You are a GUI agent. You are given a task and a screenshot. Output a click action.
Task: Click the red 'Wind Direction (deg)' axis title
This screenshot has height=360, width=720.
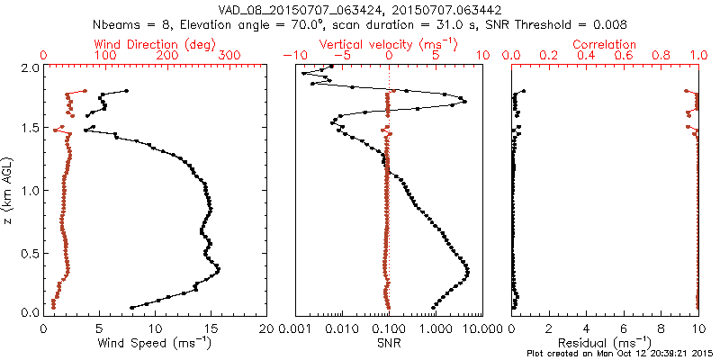click(x=155, y=44)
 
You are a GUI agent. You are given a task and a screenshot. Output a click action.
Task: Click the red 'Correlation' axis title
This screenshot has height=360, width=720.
click(x=605, y=44)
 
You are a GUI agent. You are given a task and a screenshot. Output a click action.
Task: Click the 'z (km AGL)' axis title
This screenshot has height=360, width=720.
click(x=8, y=190)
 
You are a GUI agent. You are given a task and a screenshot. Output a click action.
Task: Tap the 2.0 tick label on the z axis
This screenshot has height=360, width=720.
click(x=29, y=68)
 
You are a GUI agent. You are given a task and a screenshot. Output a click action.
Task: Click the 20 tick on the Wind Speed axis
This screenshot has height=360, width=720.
click(x=266, y=328)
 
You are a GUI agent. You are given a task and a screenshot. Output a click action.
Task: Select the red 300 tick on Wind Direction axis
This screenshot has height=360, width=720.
click(x=229, y=56)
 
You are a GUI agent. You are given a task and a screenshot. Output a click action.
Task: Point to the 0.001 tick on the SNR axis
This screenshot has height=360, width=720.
click(x=295, y=328)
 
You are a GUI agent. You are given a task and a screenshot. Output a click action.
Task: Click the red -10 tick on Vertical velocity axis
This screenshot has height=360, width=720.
click(x=292, y=56)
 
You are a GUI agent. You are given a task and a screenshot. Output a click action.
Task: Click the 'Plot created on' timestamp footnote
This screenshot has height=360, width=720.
click(x=620, y=354)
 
